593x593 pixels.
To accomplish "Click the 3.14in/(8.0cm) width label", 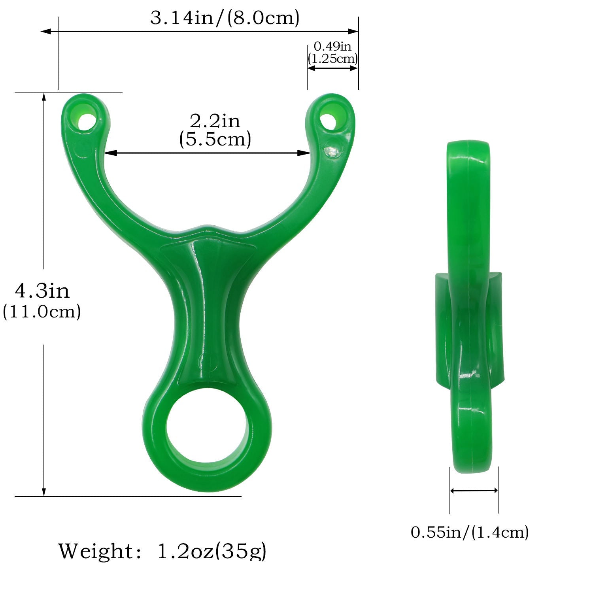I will (x=225, y=18).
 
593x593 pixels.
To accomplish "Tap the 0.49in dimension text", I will (x=332, y=46).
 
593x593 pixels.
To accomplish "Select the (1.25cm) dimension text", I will (x=333, y=59).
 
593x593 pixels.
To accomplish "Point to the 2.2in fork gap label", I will (x=215, y=121).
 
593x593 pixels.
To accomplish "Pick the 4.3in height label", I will (x=42, y=291).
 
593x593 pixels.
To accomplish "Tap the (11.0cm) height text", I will (x=42, y=312).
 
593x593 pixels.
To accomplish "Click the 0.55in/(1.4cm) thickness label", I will (x=470, y=532).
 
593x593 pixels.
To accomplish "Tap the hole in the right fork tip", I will (x=328, y=119).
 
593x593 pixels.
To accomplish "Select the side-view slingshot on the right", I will (x=470, y=308).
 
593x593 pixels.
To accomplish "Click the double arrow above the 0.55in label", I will (x=474, y=491).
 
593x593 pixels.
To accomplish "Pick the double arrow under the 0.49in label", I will (x=332, y=68).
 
